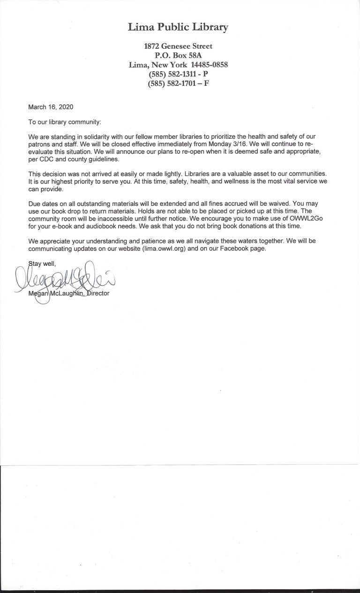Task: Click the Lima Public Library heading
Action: pos(178,28)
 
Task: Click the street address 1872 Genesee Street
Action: pos(178,46)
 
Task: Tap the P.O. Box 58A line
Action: pos(178,55)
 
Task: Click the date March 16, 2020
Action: pos(51,107)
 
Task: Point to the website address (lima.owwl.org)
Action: pos(165,248)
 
